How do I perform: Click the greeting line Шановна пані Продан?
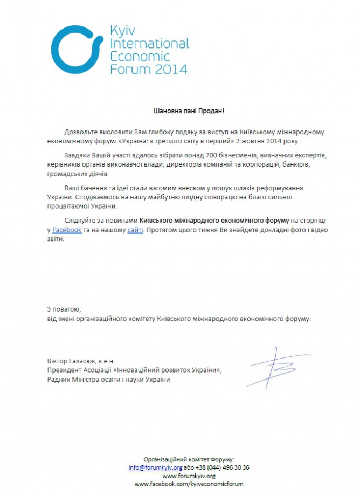[188, 111]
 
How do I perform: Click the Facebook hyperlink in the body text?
[67, 230]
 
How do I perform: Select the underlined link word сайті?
[135, 230]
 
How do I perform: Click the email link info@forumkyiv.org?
[155, 467]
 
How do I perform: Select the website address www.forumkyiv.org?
[189, 476]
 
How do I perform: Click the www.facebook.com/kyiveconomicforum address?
[189, 485]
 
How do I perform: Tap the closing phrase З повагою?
[64, 309]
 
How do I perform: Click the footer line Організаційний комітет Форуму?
[189, 459]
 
